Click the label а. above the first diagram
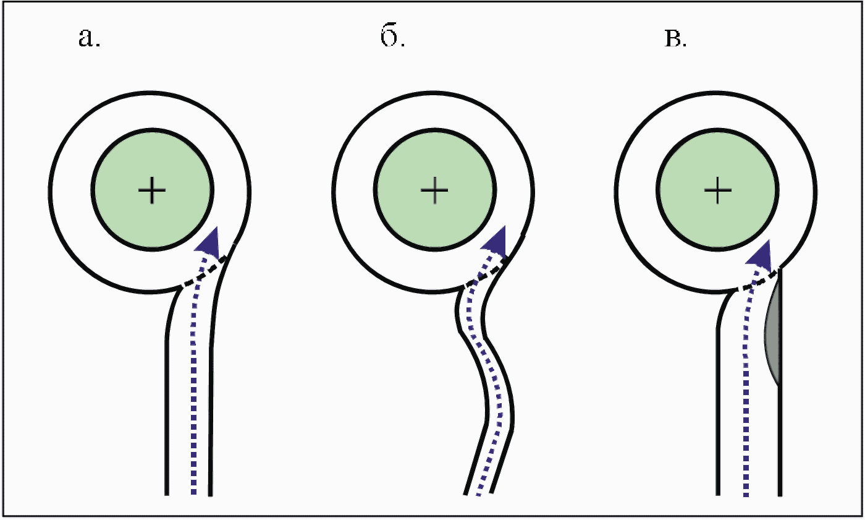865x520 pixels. [x=89, y=38]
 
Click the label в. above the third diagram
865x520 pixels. [x=675, y=39]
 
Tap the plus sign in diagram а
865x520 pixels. [x=152, y=190]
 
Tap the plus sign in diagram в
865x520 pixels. [x=718, y=190]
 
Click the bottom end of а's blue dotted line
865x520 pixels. [x=193, y=492]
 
